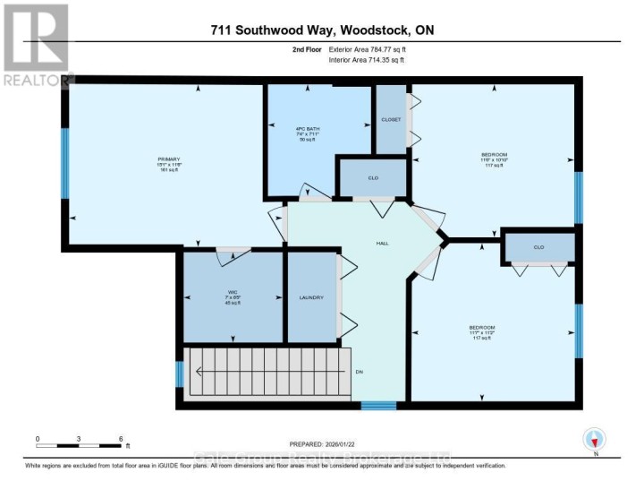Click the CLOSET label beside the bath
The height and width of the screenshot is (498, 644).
pyautogui.click(x=391, y=119)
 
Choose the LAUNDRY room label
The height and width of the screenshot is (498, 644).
pyautogui.click(x=311, y=297)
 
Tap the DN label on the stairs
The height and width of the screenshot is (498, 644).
pyautogui.click(x=359, y=372)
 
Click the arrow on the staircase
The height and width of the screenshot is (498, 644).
pyautogui.click(x=268, y=372)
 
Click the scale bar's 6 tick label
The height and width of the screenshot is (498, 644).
pyautogui.click(x=121, y=438)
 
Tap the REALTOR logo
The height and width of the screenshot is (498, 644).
pyautogui.click(x=36, y=45)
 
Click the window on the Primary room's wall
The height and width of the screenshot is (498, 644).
pyautogui.click(x=64, y=162)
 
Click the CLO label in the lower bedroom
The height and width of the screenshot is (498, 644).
pyautogui.click(x=538, y=246)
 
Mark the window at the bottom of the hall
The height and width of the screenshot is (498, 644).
pyautogui.click(x=378, y=405)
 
